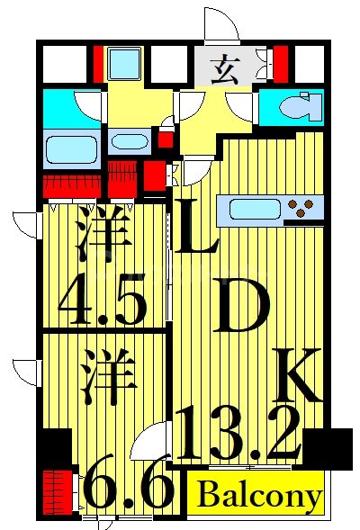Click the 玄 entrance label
click(x=226, y=71)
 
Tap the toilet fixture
click(x=301, y=106)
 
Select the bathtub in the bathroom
click(x=72, y=149)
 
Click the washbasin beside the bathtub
click(x=130, y=141)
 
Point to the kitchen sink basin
click(x=256, y=210)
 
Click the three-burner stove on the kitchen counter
click(x=301, y=208)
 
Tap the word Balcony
click(x=259, y=496)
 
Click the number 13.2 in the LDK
click(x=238, y=433)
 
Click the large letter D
click(x=241, y=304)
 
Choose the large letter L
click(x=196, y=226)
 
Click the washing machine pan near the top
click(x=125, y=64)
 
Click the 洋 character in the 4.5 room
click(x=103, y=234)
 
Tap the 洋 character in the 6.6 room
click(x=108, y=376)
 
